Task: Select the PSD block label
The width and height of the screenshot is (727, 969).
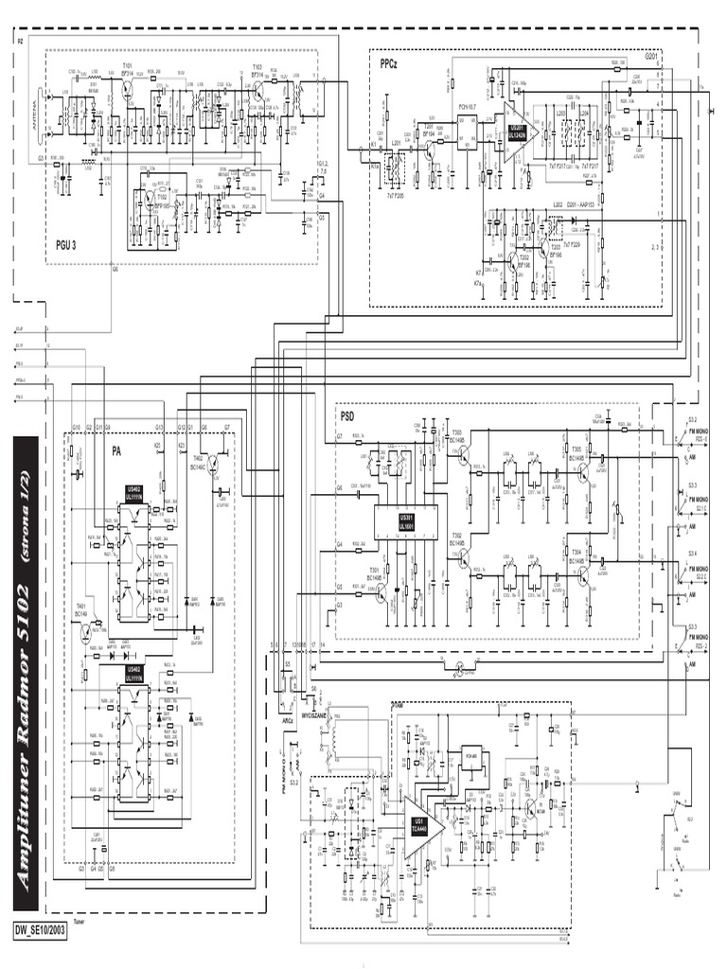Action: [346, 414]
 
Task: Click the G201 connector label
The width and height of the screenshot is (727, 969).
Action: [654, 57]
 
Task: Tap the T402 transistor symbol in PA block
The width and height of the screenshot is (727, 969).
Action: [217, 467]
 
